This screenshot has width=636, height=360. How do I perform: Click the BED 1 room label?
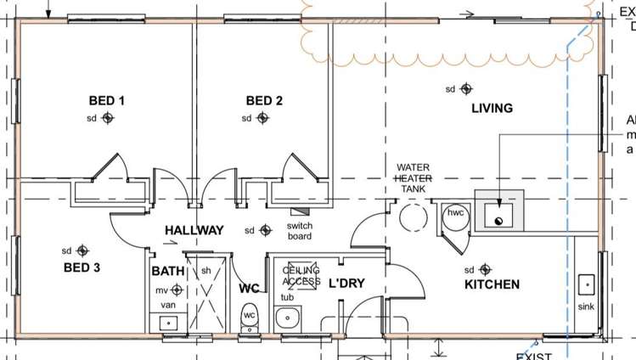pyautogui.click(x=107, y=101)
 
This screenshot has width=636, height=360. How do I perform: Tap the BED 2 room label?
pyautogui.click(x=264, y=101)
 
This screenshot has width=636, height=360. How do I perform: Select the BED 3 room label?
pyautogui.click(x=82, y=268)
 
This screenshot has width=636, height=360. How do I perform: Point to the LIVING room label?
pyautogui.click(x=492, y=108)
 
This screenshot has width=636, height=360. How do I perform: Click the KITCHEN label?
pyautogui.click(x=492, y=284)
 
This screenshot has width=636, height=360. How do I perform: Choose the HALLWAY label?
pyautogui.click(x=194, y=230)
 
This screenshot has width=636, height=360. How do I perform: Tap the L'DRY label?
pyautogui.click(x=346, y=283)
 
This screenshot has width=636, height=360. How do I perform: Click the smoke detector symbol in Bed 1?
pyautogui.click(x=108, y=118)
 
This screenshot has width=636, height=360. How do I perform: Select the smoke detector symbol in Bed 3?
pyautogui.click(x=82, y=250)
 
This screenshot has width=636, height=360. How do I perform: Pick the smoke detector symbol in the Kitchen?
pyautogui.click(x=485, y=269)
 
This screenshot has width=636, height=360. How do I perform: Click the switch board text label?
pyautogui.click(x=300, y=230)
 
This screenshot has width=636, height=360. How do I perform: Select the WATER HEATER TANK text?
pyautogui.click(x=414, y=178)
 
